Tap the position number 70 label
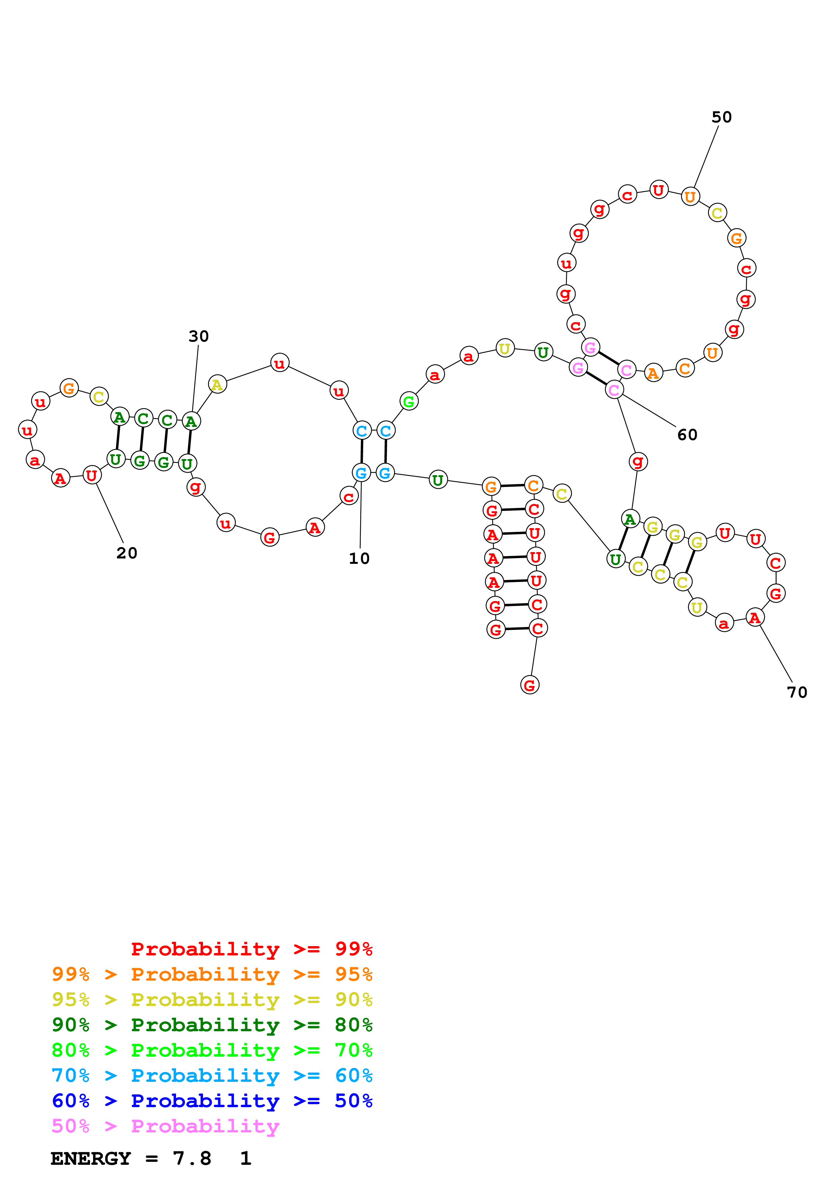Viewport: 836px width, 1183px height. tap(797, 692)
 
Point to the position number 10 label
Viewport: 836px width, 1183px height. tap(359, 558)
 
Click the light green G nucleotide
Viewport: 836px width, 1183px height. tap(409, 401)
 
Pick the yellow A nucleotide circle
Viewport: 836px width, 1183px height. tap(218, 384)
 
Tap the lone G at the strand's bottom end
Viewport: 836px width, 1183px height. tap(529, 685)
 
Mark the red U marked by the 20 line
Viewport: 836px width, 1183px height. tap(92, 475)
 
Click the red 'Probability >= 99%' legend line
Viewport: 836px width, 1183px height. tap(251, 949)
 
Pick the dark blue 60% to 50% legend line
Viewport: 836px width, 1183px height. tap(212, 1101)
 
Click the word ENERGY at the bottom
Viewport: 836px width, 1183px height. tap(91, 1158)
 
